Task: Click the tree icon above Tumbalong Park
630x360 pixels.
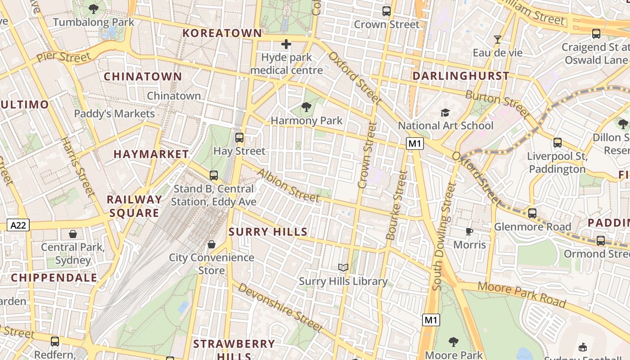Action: pyautogui.click(x=94, y=9)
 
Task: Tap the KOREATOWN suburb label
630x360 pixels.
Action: pyautogui.click(x=222, y=33)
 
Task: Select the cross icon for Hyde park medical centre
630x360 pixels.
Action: pyautogui.click(x=286, y=44)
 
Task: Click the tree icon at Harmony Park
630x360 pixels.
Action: pyautogui.click(x=306, y=107)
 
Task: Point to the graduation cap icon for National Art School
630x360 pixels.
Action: pyautogui.click(x=445, y=112)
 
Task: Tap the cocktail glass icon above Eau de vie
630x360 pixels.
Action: pyautogui.click(x=497, y=40)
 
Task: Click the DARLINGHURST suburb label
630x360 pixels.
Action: pyautogui.click(x=461, y=76)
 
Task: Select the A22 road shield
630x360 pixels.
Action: pyautogui.click(x=18, y=225)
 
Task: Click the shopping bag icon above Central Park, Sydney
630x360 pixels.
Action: pyautogui.click(x=72, y=234)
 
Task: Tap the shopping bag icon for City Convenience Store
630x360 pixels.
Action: pyautogui.click(x=211, y=244)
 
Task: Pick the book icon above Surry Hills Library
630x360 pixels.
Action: pyautogui.click(x=343, y=268)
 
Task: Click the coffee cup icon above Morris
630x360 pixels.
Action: pyautogui.click(x=469, y=232)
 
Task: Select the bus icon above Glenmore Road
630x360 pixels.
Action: pyautogui.click(x=532, y=213)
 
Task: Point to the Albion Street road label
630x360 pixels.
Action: pyautogui.click(x=288, y=185)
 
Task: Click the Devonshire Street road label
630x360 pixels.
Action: pyautogui.click(x=280, y=307)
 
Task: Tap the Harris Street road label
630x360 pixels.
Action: pyautogui.click(x=78, y=167)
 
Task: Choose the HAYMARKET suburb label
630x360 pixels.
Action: pyautogui.click(x=151, y=154)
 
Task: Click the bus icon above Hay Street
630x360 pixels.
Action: pyautogui.click(x=239, y=138)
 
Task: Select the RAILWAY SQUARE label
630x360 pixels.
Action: pyautogui.click(x=134, y=206)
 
